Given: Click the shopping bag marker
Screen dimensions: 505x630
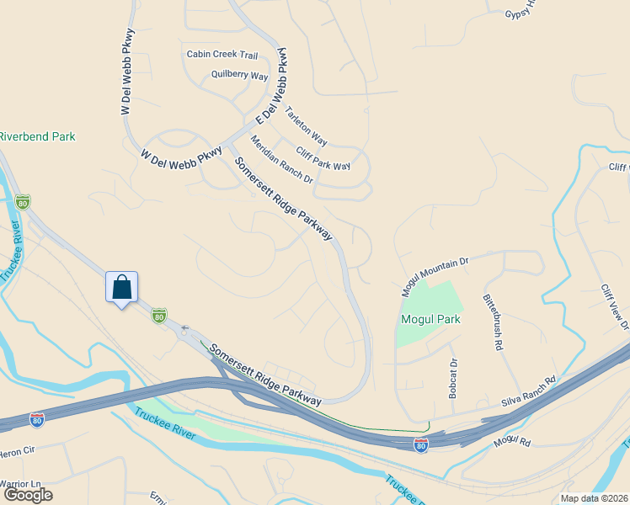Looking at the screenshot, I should [x=121, y=287].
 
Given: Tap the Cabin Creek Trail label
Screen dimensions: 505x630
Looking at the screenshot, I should [x=222, y=55].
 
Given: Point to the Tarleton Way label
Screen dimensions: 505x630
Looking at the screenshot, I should [x=306, y=125].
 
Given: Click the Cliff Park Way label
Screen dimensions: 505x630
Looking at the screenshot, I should [x=323, y=155].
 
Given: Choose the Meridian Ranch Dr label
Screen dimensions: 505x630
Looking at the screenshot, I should [x=282, y=161].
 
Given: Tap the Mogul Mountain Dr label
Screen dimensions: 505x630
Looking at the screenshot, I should [x=435, y=277].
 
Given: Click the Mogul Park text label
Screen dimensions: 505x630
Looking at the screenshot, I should [x=430, y=320].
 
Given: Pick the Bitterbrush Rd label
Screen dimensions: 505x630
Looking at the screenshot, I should [x=494, y=322].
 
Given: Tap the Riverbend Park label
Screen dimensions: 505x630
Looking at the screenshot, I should [x=37, y=136].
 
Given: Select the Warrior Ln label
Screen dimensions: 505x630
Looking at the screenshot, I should [x=20, y=484].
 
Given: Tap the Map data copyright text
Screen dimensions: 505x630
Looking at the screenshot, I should [x=593, y=498].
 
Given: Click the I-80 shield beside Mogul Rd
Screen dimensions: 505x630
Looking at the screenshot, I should [x=421, y=445].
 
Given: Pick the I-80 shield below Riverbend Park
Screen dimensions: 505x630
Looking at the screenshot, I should [x=23, y=202].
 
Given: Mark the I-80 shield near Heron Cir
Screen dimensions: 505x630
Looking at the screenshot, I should [x=37, y=419].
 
